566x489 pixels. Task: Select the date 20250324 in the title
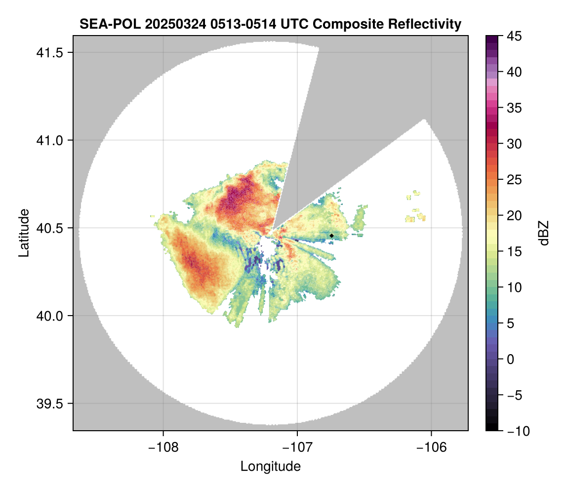click(x=168, y=24)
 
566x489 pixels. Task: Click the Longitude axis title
click(x=271, y=466)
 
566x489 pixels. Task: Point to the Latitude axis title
click(x=24, y=233)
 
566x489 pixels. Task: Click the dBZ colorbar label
click(x=544, y=233)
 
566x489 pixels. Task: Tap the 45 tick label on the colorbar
click(x=515, y=36)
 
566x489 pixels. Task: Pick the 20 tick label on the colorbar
click(x=515, y=216)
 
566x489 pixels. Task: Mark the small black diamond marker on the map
click(x=332, y=236)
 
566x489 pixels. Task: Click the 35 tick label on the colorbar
click(x=515, y=108)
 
